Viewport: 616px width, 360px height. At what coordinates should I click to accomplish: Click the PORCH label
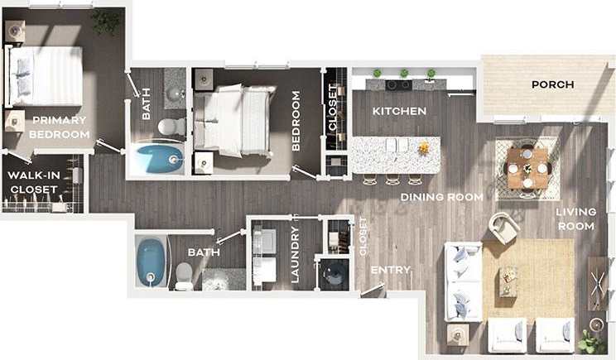point(552,84)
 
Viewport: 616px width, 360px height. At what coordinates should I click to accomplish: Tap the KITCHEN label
point(399,111)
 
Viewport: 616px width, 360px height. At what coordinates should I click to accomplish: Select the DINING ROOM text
point(441,197)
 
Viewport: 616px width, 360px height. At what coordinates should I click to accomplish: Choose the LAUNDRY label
point(295,254)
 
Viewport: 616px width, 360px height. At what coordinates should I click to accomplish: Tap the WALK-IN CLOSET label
point(34,182)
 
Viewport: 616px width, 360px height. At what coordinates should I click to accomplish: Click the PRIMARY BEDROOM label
point(58,127)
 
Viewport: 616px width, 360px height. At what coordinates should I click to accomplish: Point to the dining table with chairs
point(527,167)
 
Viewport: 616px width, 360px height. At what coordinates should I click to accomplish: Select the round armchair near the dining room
point(503,227)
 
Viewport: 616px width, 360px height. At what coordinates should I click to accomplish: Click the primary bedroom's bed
point(46,76)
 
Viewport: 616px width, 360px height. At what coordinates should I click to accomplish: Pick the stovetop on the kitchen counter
point(398,84)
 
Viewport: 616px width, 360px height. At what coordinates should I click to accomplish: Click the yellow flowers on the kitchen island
point(424,147)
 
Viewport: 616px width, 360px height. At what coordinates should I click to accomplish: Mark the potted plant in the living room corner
point(592,341)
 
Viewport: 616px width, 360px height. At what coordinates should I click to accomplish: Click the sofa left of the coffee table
point(462,281)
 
